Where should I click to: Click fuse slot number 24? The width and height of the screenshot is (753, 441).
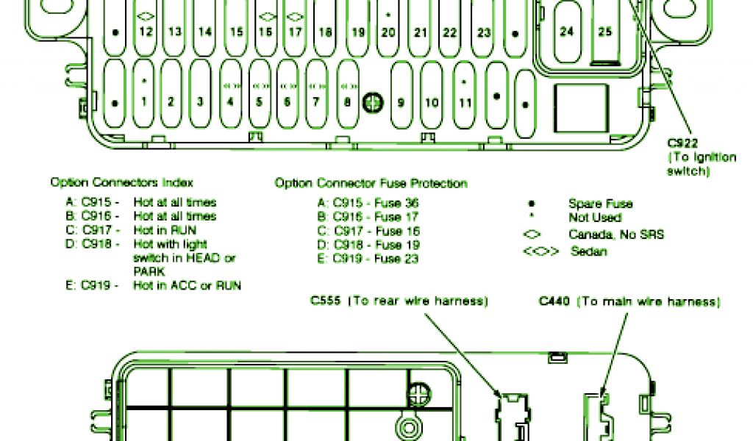566,32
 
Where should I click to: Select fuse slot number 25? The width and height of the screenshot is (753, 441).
604,32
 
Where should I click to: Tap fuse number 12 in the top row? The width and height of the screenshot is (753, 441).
145,32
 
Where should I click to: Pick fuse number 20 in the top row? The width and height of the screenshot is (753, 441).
388,32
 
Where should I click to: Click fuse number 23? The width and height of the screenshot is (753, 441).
483,32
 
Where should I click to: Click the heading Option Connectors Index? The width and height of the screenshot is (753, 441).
121,182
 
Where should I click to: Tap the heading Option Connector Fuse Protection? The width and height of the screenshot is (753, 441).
371,183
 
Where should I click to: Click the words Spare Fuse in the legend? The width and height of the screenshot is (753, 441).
600,204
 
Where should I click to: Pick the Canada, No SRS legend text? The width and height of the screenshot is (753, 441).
616,234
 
